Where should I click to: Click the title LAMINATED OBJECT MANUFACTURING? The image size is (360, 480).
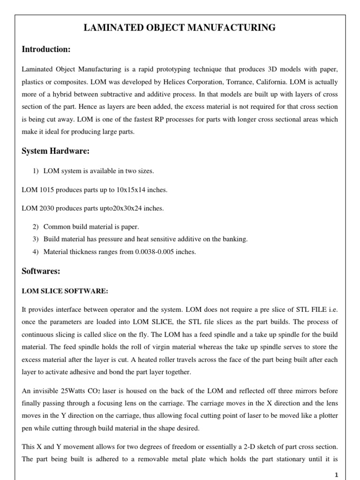[180, 29]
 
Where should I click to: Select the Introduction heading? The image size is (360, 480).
[46, 49]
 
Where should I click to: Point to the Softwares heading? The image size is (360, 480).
[42, 271]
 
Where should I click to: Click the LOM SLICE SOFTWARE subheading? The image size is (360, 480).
[65, 291]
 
